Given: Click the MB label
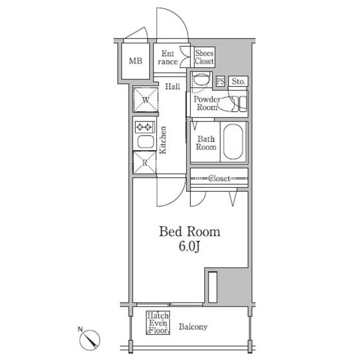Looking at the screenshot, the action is (x=136, y=61).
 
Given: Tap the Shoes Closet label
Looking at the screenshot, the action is (x=204, y=57).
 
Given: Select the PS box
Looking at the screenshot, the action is (x=220, y=81).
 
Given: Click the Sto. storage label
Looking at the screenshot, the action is (x=238, y=81).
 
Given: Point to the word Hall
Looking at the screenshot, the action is (x=173, y=87).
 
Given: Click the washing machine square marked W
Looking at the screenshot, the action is (x=146, y=100).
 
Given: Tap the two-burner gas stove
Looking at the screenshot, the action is (x=145, y=127).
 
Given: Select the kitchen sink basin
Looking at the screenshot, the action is (x=146, y=142).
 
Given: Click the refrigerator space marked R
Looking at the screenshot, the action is (x=145, y=163).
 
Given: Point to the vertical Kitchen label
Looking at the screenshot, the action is (x=163, y=140).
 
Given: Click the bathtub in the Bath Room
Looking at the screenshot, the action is (x=233, y=142).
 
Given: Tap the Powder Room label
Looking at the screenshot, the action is (x=207, y=103).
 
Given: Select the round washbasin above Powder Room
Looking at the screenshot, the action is (x=201, y=80).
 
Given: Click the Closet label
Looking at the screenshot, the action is (x=219, y=178).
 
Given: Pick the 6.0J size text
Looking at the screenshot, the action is (x=189, y=246).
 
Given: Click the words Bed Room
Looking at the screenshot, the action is (x=190, y=232).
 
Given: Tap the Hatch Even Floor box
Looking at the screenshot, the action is (x=158, y=322).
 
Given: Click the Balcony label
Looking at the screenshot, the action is (x=193, y=327).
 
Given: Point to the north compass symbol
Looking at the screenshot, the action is (x=90, y=340).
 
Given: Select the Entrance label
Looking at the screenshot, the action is (x=168, y=57).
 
